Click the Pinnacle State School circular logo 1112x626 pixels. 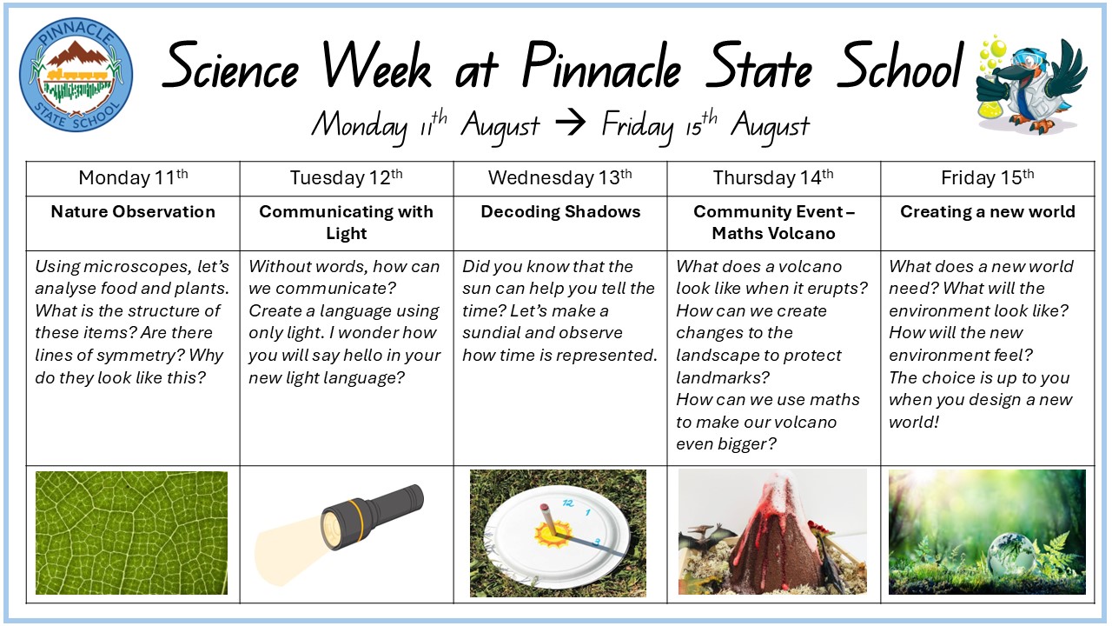pos(76,75)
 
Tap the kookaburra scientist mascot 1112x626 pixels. pos(1031,85)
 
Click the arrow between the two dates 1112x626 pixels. pos(570,123)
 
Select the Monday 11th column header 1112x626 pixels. pos(133,177)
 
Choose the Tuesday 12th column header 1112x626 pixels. pos(346,177)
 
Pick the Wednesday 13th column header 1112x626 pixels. pos(560,177)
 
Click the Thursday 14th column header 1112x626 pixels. pos(773,177)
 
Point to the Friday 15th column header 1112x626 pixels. pos(988,177)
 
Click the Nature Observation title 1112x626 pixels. pos(133,211)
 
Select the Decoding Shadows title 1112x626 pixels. pos(560,211)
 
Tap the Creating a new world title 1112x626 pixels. pos(988,211)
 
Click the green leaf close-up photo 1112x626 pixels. pos(131,533)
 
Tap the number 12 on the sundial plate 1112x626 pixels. pos(568,503)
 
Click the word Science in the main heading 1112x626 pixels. pos(231,67)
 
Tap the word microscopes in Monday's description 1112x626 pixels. pos(137,267)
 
